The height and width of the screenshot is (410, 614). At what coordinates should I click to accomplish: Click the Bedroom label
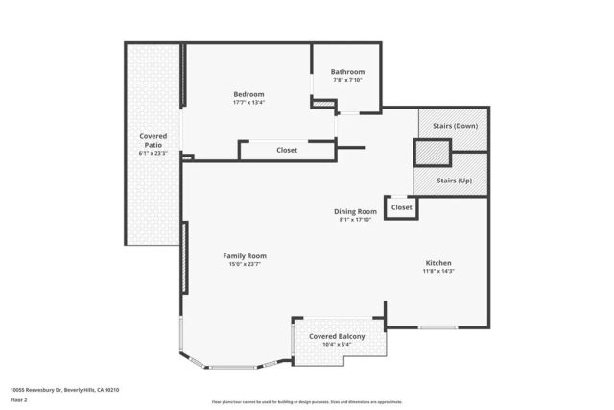248,94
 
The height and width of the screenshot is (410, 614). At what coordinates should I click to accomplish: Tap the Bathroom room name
347,72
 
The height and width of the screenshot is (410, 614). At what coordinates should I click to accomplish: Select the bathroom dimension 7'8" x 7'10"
347,80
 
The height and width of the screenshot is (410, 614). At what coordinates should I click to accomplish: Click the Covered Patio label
153,141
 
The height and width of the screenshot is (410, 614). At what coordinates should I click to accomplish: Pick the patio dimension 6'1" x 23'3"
153,153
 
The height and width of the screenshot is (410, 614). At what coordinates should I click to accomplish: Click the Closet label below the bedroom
287,150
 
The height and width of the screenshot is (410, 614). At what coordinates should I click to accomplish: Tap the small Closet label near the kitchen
401,207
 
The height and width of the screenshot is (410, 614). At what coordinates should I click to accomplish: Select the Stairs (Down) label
454,125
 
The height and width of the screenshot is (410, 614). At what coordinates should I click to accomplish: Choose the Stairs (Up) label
454,181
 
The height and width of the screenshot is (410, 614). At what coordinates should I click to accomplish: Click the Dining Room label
355,211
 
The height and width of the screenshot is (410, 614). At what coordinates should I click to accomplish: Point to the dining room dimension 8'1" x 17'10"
355,220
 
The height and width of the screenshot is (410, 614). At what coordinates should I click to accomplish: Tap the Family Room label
245,256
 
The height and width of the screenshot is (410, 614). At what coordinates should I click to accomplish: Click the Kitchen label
438,263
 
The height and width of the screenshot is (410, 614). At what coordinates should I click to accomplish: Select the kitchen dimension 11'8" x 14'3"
438,271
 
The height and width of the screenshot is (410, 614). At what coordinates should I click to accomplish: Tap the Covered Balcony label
337,337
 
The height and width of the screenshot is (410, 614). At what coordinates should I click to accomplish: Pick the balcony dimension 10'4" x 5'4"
337,345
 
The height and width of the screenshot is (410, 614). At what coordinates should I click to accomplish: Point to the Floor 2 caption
19,399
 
